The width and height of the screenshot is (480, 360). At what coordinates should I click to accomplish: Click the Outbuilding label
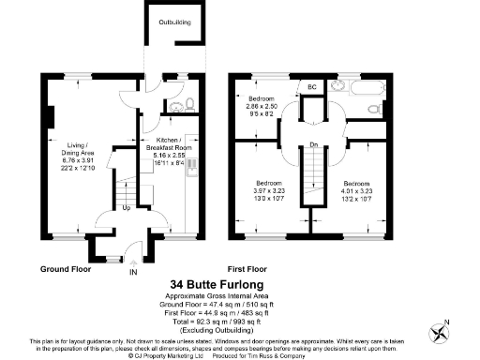pyautogui.click(x=175, y=21)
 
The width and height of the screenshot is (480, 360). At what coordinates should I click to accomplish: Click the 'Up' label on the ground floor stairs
pyautogui.click(x=127, y=207)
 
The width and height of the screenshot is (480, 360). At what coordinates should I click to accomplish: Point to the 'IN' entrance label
pyautogui.click(x=132, y=272)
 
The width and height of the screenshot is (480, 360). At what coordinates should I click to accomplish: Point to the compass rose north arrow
pyautogui.click(x=439, y=331)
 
